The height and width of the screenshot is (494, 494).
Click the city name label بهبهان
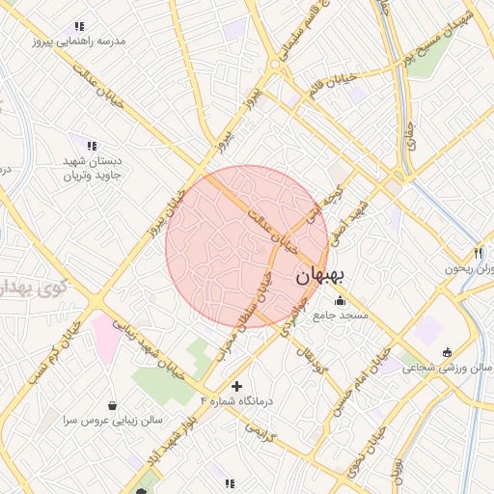click(320, 276)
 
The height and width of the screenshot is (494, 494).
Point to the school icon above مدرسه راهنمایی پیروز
click(78, 26)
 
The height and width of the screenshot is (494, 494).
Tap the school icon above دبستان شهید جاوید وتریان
click(92, 145)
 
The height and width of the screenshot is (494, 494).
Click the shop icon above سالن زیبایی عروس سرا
click(115, 405)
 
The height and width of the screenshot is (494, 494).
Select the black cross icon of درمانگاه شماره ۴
click(237, 386)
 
